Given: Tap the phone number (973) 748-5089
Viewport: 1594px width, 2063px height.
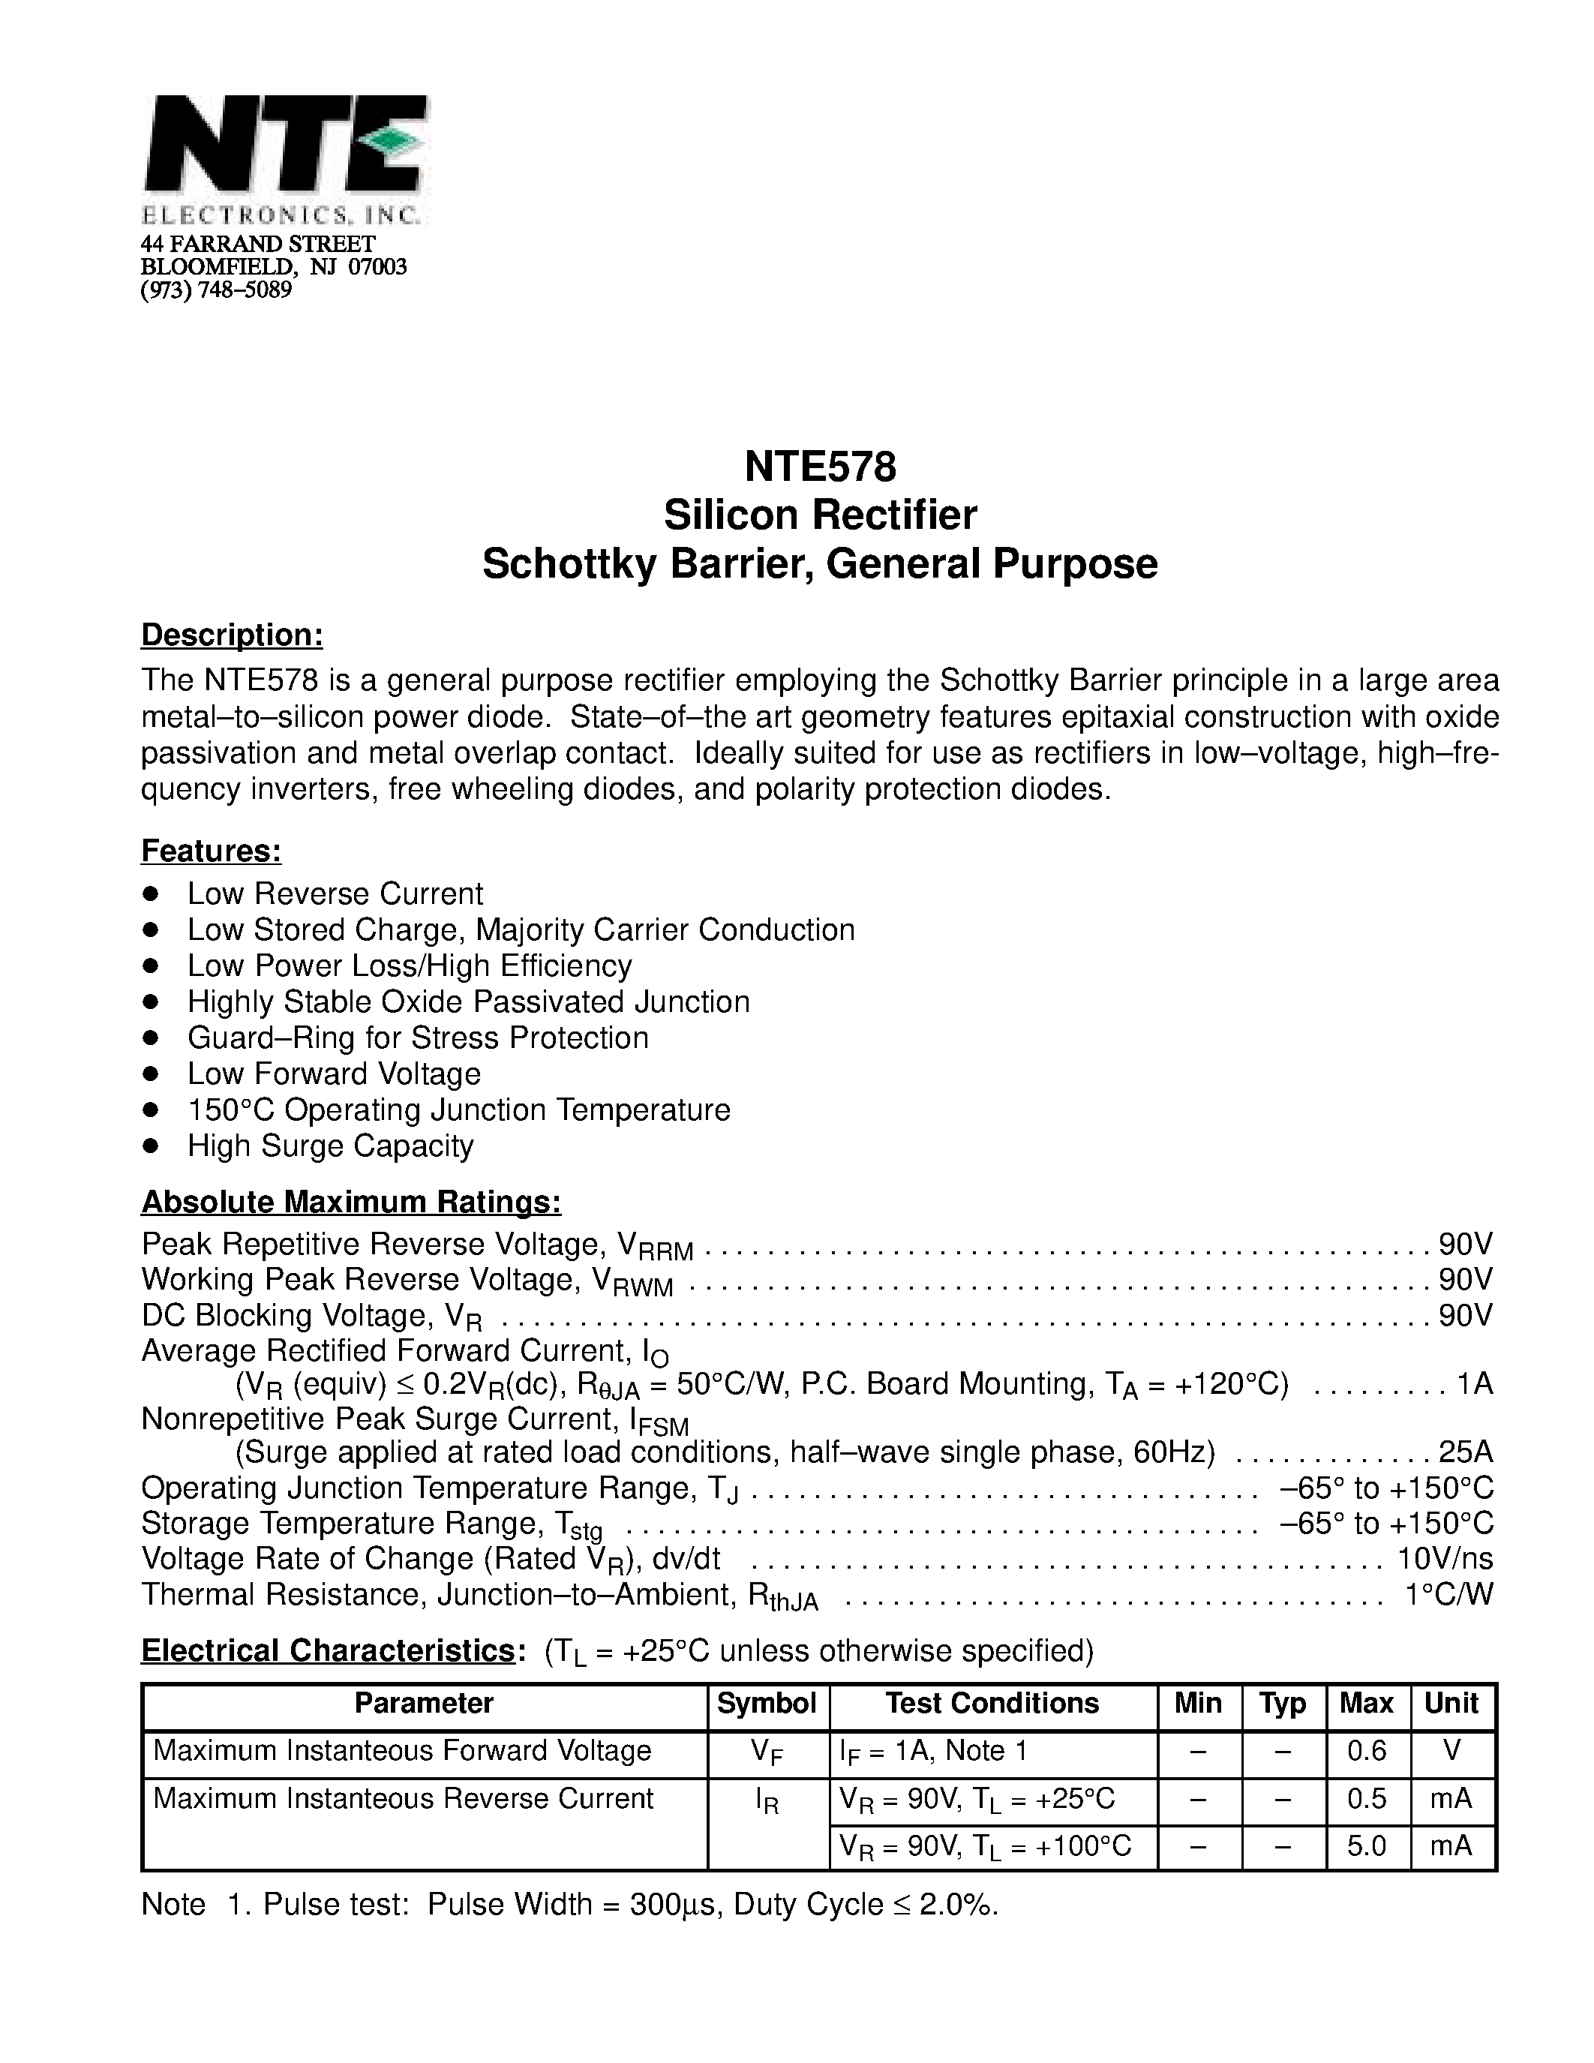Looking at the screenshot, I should coord(216,290).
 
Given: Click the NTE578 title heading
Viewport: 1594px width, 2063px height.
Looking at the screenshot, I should coord(820,467).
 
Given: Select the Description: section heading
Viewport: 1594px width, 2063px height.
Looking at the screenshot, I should coord(233,635).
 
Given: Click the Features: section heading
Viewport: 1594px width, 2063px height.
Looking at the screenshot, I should coord(212,851).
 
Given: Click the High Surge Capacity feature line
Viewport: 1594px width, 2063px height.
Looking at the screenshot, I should coord(331,1146).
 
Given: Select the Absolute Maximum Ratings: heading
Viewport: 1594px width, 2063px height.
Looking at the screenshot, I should coord(351,1202).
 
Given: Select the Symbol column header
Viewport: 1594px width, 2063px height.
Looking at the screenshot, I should coord(767,1703).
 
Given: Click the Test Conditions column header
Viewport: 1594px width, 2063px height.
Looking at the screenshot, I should coord(992,1703).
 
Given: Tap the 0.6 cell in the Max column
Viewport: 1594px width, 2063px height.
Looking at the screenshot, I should coord(1367,1751).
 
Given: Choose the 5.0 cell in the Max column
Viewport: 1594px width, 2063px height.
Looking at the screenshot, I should coord(1367,1845).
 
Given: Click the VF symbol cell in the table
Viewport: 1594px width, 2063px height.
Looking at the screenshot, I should coord(767,1753).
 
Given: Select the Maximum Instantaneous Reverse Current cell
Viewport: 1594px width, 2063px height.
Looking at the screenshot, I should coord(404,1798).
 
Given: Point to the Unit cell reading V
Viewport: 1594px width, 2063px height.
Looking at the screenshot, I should coord(1452,1751).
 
